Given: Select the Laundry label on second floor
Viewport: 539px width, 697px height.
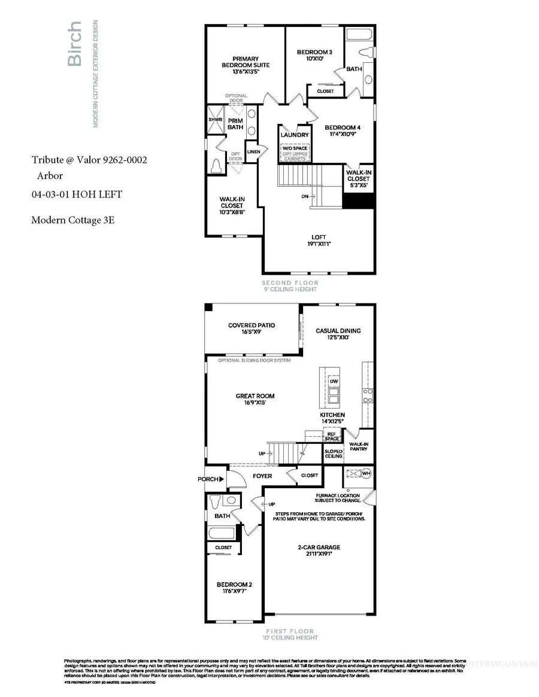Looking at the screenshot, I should (295, 135).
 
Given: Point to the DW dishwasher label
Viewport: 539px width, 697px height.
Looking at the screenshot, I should (334, 382).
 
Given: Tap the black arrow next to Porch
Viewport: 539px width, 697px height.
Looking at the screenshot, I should (221, 479).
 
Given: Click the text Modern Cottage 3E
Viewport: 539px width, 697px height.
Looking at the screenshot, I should (72, 220).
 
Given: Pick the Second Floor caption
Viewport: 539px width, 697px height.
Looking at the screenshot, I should (290, 283).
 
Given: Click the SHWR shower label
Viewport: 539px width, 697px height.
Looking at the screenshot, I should (215, 120).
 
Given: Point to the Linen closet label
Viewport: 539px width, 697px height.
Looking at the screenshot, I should (253, 151).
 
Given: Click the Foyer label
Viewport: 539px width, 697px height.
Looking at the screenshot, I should (262, 476).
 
